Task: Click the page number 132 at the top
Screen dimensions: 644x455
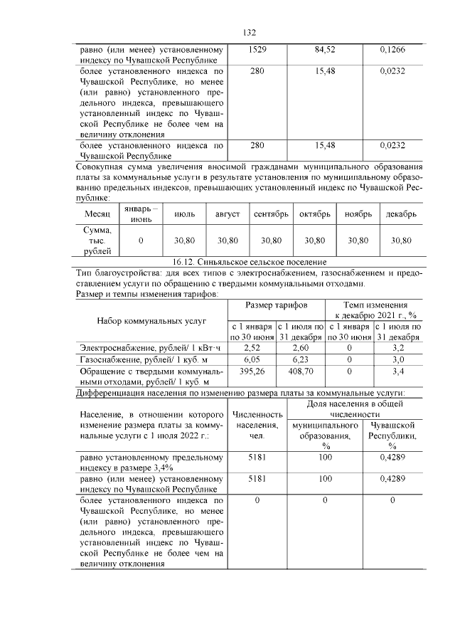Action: [249, 33]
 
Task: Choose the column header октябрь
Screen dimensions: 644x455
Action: [315, 214]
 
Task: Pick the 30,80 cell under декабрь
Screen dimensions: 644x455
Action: [402, 241]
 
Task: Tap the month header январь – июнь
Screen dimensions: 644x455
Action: [141, 214]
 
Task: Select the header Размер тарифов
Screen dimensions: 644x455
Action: [276, 305]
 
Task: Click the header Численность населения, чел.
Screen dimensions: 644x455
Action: [256, 425]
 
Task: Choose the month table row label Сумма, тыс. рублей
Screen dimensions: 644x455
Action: [97, 241]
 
